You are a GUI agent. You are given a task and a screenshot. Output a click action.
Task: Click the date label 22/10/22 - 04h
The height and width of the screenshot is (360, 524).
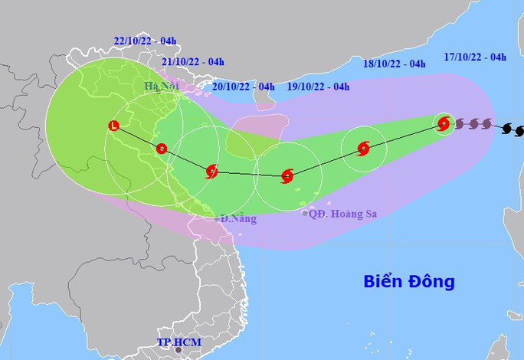pos(146,41)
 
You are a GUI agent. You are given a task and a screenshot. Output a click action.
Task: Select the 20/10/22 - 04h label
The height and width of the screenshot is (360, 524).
pos(243,87)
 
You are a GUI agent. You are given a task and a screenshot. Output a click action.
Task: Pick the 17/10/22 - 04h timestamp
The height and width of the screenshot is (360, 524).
pos(474,57)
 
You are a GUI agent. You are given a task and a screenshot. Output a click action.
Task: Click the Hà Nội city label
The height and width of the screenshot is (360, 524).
pos(161,86)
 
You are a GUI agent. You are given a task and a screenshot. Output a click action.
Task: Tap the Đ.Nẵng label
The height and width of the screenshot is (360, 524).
pos(239,220)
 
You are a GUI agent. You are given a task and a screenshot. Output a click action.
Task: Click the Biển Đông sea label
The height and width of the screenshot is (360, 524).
pos(408,281)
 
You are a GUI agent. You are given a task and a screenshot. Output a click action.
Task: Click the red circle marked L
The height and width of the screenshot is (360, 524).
pos(114,125)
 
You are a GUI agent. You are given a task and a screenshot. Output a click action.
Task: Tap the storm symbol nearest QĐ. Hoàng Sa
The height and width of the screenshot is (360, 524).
pos(287,176)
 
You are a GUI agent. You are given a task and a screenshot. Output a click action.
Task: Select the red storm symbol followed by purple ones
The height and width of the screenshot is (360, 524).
pos(443,123)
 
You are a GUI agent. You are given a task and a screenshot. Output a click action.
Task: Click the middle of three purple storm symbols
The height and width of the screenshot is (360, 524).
pos(473,123)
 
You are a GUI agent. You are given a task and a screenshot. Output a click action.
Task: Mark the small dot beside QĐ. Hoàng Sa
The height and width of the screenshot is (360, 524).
pos(305,214)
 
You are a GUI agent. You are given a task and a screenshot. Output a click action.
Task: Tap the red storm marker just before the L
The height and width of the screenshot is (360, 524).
pos(161,149)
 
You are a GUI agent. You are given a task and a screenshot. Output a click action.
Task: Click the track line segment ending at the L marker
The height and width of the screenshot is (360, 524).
pos(138,137)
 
